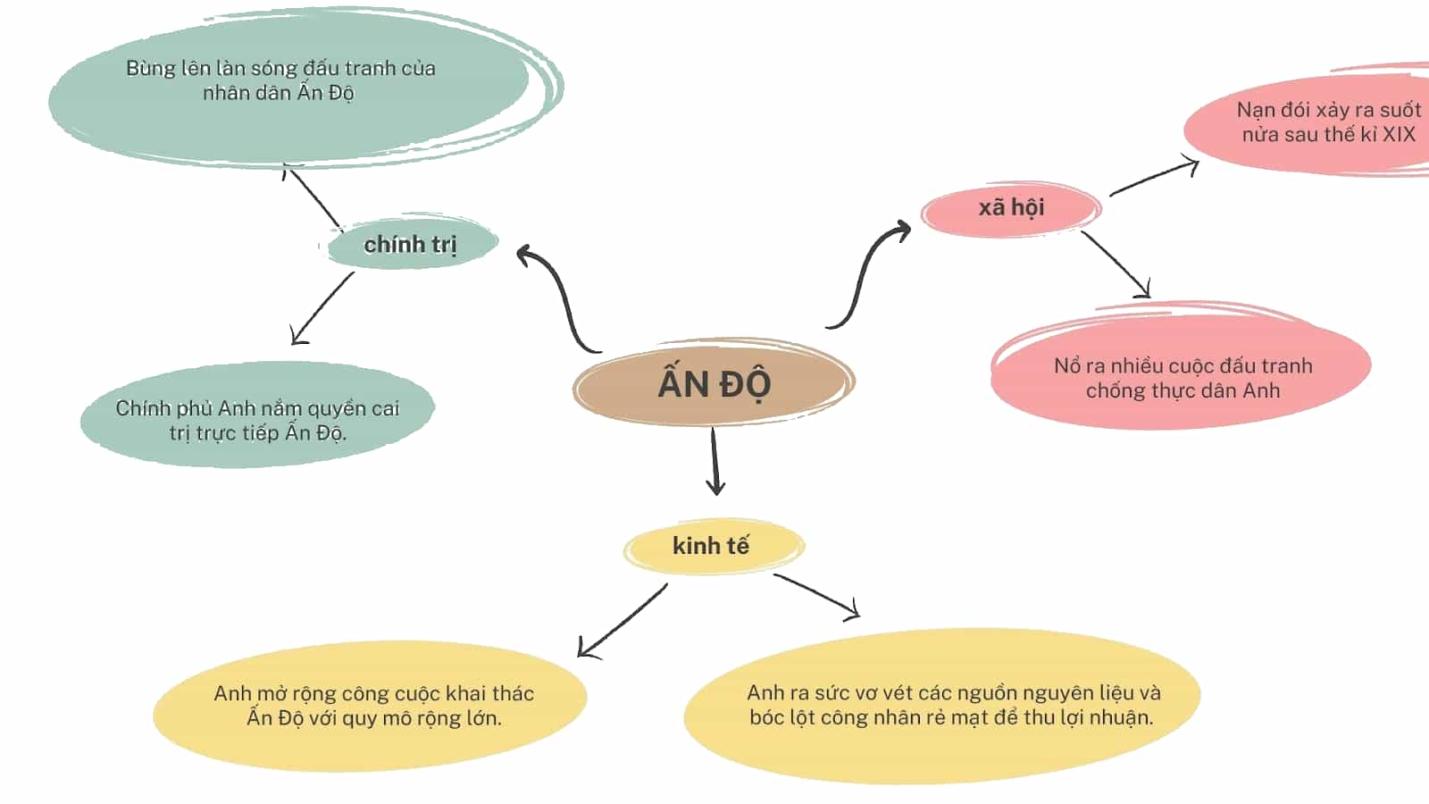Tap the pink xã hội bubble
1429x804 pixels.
click(1011, 208)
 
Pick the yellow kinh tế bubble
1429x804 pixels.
click(714, 546)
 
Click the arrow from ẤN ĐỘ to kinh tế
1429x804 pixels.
click(714, 461)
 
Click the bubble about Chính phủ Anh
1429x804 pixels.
click(258, 415)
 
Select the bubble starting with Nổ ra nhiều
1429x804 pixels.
click(1182, 372)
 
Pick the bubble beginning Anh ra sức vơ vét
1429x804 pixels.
click(942, 706)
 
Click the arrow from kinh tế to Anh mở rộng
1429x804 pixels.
click(622, 621)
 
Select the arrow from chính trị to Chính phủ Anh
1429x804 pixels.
click(322, 308)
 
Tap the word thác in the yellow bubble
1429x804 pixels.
click(512, 693)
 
